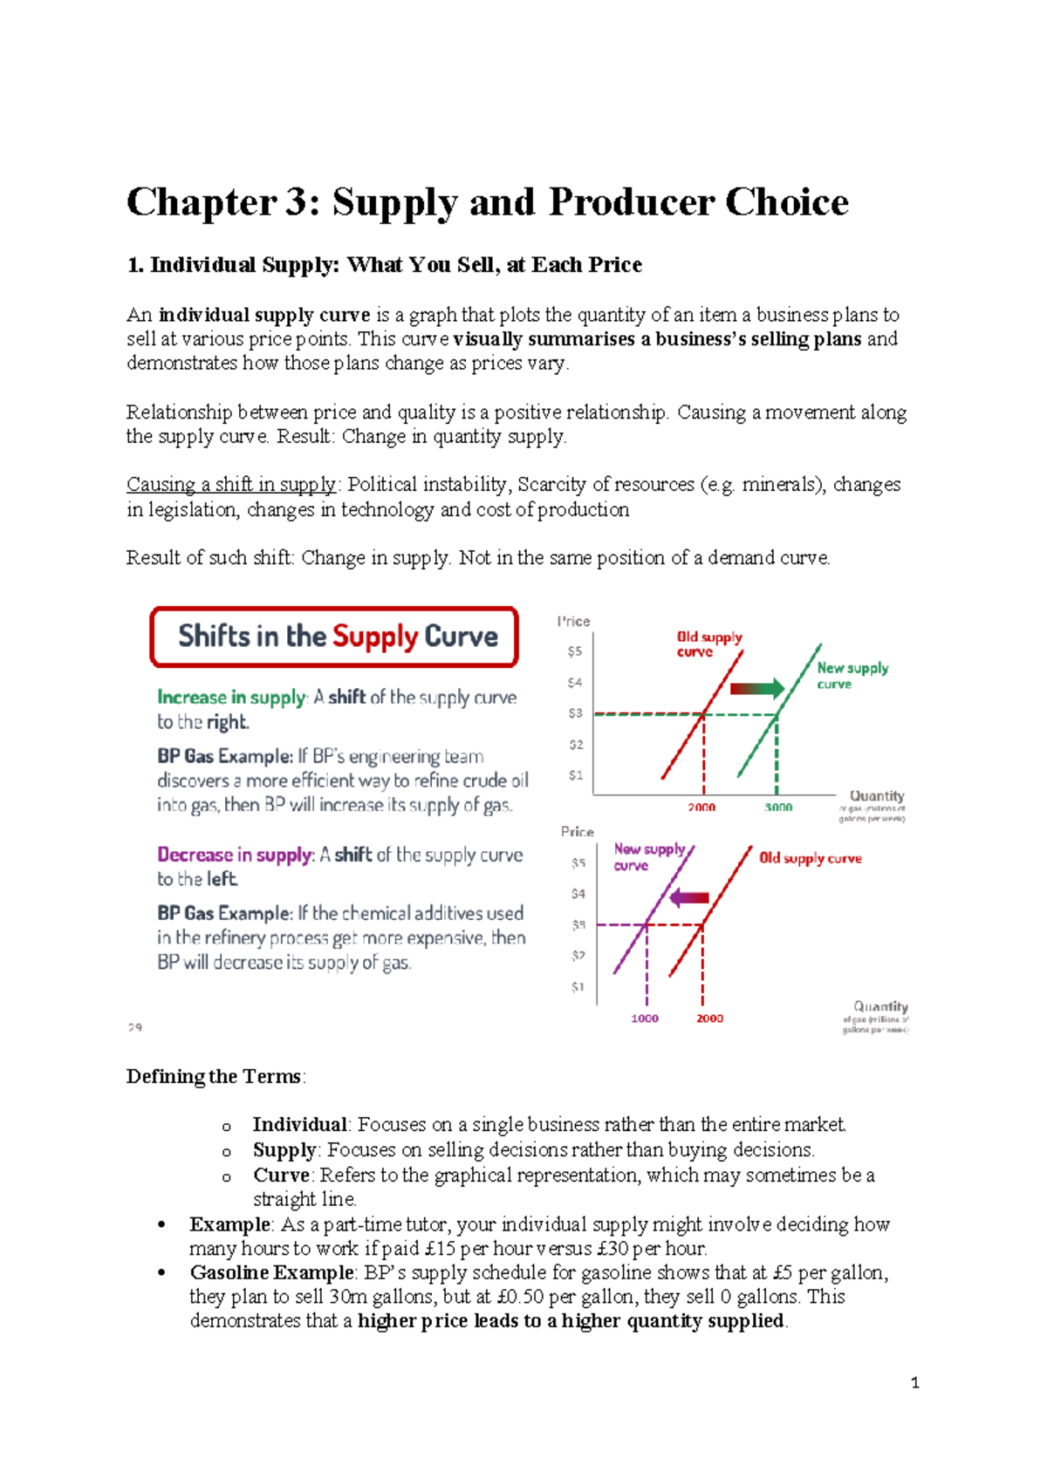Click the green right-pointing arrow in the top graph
click(757, 689)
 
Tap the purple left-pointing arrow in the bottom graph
click(689, 898)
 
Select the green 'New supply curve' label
click(852, 675)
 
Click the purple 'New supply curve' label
click(648, 856)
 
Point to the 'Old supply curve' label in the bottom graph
click(810, 858)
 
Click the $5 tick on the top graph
click(574, 651)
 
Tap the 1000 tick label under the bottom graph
click(645, 1019)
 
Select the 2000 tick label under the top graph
click(701, 808)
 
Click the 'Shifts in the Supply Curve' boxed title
click(336, 637)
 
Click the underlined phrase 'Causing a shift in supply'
click(231, 485)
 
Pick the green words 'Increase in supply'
click(231, 698)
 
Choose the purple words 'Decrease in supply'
click(234, 855)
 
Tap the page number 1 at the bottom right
click(914, 1382)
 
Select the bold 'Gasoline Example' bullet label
click(271, 1273)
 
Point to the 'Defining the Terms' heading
click(215, 1077)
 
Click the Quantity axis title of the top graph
click(877, 795)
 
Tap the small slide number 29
click(134, 1027)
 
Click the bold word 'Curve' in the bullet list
click(281, 1176)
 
